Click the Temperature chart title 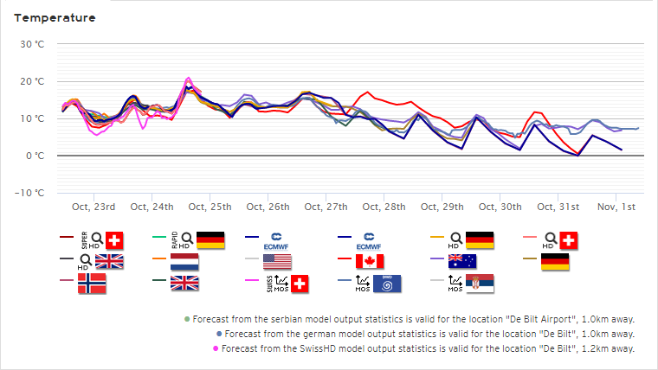[55, 18]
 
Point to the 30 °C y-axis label [32, 44]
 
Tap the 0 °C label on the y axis [35, 156]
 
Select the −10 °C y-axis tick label [29, 193]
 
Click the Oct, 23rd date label [94, 207]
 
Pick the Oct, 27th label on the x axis [326, 207]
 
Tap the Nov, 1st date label [616, 207]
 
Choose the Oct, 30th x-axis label [500, 207]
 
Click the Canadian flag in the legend [370, 261]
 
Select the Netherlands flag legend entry [184, 261]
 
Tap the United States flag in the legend [277, 261]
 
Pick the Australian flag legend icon [462, 261]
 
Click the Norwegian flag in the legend [92, 284]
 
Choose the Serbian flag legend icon [480, 284]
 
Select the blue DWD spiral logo [387, 284]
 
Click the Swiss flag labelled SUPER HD [114, 240]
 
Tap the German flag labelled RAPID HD [210, 240]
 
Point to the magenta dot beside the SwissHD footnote [216, 348]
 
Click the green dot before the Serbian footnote [187, 319]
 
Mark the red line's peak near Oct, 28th [368, 92]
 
